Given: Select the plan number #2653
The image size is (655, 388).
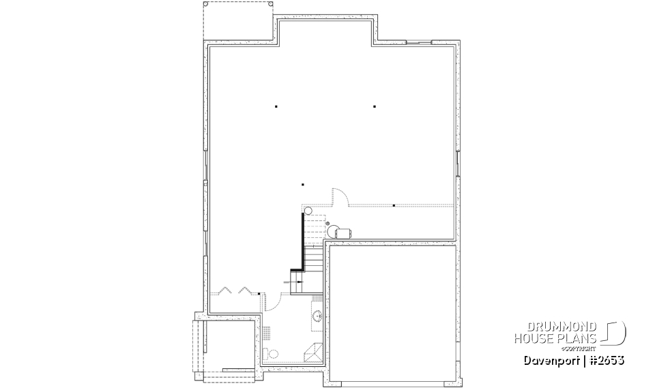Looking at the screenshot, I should (x=605, y=360).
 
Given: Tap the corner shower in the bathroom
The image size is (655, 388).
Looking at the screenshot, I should (x=315, y=351).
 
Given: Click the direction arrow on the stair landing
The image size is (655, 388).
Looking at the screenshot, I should (x=297, y=280).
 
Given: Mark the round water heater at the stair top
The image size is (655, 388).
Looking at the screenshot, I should (x=308, y=211).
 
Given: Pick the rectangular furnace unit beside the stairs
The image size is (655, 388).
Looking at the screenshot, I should (x=342, y=232).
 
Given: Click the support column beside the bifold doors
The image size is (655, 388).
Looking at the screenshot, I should (x=259, y=293).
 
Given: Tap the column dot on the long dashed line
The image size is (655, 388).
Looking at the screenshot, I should (x=394, y=205).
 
